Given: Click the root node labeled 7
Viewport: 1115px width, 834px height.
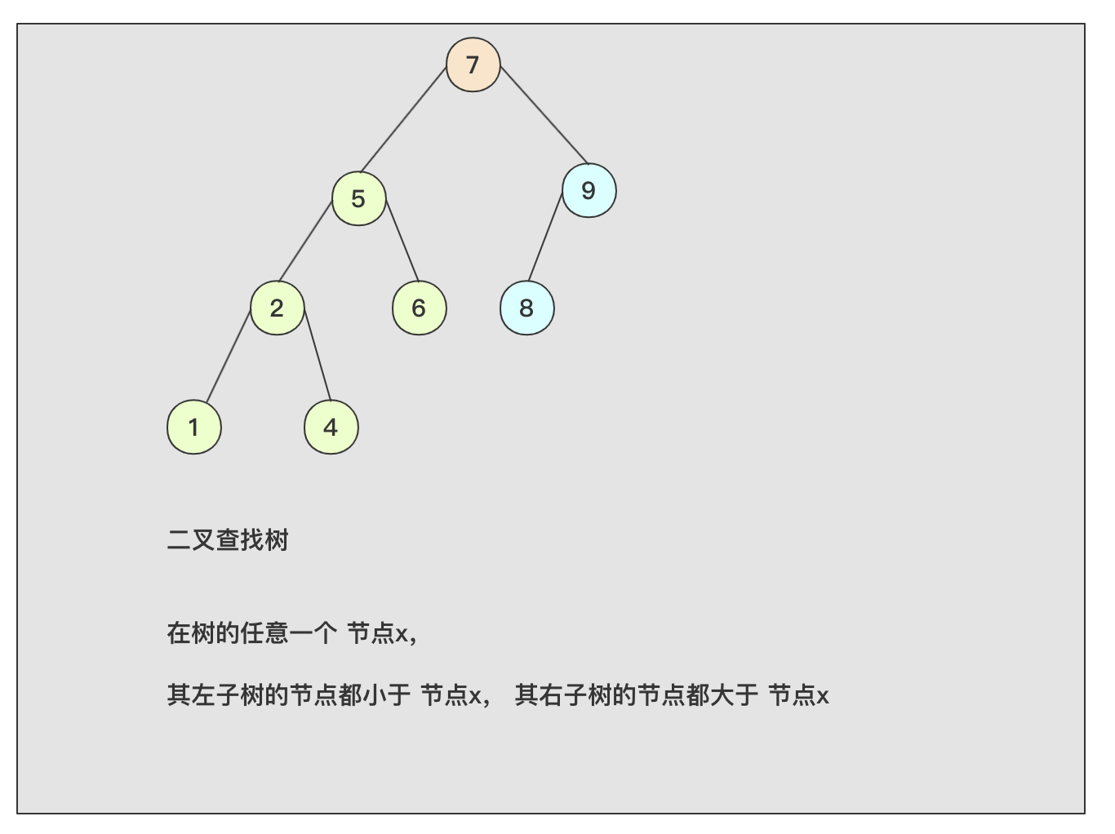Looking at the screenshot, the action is click(x=473, y=64).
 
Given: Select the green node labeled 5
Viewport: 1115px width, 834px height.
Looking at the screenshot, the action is click(x=358, y=198).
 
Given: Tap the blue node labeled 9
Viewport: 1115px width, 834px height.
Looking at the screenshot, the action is click(x=589, y=190).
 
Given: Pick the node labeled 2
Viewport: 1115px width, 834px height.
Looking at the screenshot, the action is click(x=278, y=308).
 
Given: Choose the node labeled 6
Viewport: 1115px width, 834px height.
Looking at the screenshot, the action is click(x=419, y=308).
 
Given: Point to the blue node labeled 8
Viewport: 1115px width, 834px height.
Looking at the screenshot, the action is click(x=526, y=308).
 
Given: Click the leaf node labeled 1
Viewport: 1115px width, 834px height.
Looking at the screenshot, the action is click(x=194, y=427).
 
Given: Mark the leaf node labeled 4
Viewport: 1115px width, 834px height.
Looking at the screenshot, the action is click(x=331, y=427).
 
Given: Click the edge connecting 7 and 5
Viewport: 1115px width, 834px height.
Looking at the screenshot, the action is click(x=403, y=120).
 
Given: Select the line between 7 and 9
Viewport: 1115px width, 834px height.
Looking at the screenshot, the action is click(x=544, y=115).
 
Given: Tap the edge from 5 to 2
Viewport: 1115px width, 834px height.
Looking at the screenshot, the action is click(x=304, y=242).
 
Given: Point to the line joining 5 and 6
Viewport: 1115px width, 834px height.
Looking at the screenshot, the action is click(x=402, y=241).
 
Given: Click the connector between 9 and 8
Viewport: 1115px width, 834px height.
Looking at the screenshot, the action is click(x=545, y=237).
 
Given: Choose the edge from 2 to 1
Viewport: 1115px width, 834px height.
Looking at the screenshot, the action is click(x=229, y=357).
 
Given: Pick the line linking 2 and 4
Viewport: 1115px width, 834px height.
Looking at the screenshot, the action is click(x=318, y=355).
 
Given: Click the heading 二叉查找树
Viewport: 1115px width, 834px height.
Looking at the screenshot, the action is click(x=228, y=539).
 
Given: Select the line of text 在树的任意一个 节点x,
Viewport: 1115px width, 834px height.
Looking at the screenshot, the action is click(x=292, y=633).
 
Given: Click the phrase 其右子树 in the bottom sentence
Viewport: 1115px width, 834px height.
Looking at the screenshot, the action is click(x=563, y=695).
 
